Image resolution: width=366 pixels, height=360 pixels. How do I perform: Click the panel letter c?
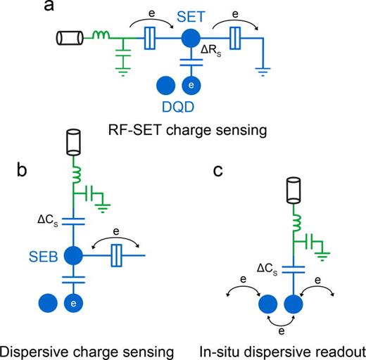click(x=221, y=167)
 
